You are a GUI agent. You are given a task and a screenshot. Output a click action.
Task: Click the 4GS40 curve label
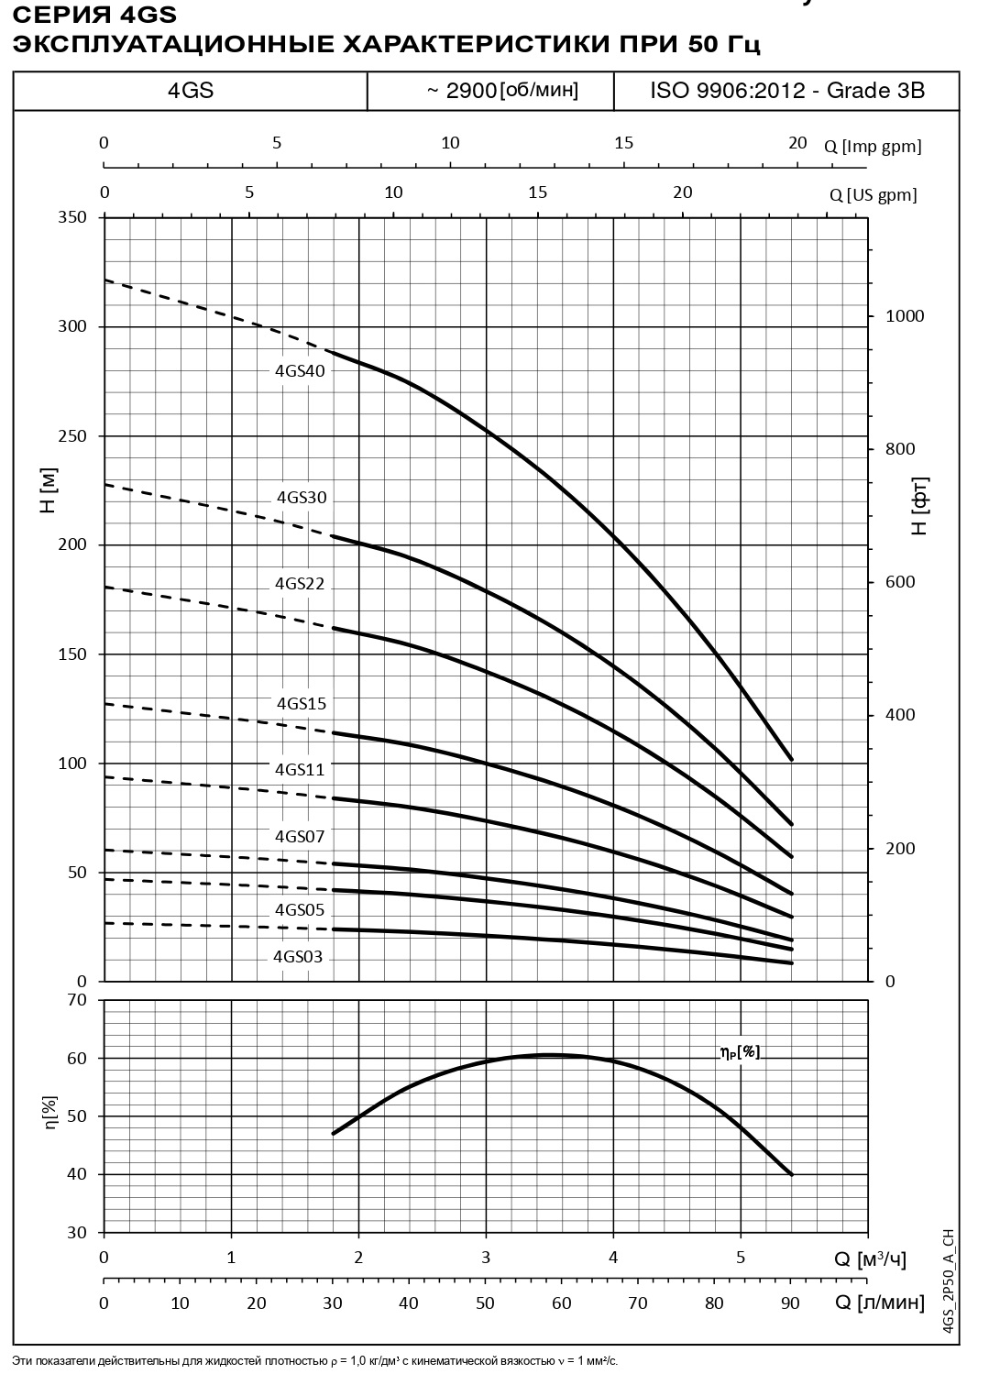300,371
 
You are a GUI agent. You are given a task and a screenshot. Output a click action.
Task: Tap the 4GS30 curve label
302,498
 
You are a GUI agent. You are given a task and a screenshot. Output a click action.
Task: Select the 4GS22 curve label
300,584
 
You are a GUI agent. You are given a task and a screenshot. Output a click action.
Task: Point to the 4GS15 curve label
302,704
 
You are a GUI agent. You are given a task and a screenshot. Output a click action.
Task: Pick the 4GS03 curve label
298,957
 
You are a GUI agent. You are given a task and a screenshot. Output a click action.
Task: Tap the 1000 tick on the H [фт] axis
905,316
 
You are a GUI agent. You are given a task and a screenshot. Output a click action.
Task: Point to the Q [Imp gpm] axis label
872,147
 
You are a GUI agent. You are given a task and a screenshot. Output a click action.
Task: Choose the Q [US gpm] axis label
873,195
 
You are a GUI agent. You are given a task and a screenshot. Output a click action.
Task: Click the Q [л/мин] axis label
879,1303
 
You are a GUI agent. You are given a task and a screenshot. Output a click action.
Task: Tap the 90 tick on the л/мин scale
790,1303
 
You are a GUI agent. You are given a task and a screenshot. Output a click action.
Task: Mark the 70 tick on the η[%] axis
77,1000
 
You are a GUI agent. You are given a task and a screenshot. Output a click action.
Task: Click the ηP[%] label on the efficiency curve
739,1051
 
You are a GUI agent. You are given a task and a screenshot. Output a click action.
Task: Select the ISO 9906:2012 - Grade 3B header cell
786,91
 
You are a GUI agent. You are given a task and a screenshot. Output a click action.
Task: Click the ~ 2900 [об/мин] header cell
502,91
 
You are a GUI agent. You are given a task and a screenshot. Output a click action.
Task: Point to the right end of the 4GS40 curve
791,759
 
